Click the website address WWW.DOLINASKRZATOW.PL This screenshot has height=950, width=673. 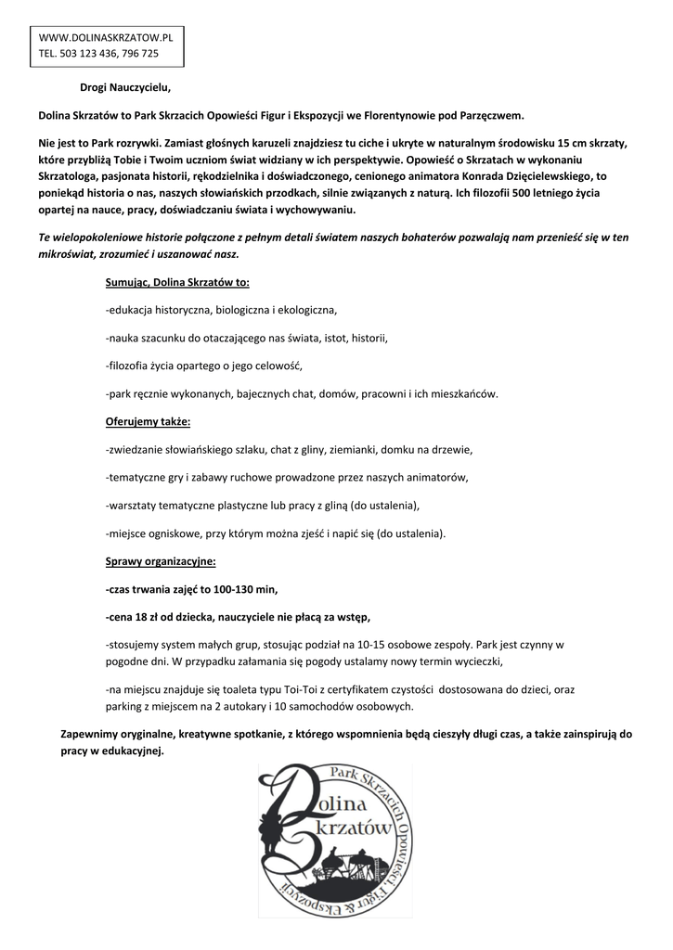coord(106,38)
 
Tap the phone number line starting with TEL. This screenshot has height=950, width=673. coord(98,54)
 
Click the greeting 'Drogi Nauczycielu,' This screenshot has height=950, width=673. coord(125,88)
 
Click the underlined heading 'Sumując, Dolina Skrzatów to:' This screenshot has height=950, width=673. coord(177,282)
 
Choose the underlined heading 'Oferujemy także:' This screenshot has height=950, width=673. coord(148,422)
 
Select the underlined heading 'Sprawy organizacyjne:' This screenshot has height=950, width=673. coord(161,561)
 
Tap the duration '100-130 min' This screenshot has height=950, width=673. coord(244,589)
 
